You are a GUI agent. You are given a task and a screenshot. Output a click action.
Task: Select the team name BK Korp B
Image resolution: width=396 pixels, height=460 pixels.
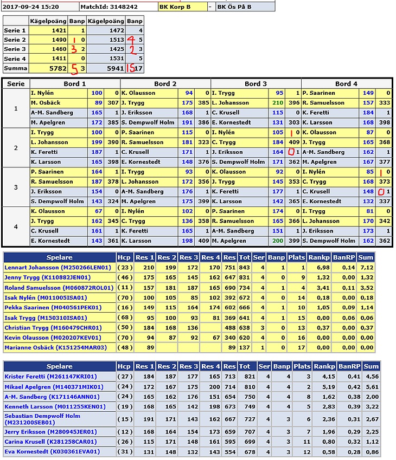point(174,7)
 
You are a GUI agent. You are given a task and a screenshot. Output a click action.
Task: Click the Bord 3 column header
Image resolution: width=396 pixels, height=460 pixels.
point(256,83)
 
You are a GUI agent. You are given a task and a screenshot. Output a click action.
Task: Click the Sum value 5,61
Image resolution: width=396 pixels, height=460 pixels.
point(369,387)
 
